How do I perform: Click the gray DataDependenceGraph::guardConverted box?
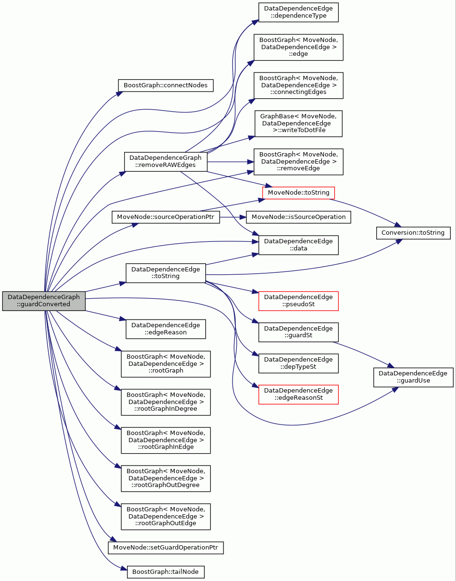click(43, 301)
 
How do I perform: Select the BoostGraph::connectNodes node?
click(166, 85)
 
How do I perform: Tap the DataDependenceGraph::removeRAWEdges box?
click(166, 162)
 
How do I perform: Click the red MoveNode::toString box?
click(298, 193)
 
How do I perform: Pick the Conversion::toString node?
click(413, 233)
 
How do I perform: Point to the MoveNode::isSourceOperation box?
click(298, 217)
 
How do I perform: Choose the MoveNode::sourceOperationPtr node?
click(166, 217)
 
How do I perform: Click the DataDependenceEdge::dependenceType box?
click(298, 12)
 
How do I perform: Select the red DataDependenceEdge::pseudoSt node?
click(298, 301)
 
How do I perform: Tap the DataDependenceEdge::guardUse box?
click(413, 377)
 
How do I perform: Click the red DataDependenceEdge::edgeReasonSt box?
click(298, 394)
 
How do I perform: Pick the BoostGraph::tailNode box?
click(166, 572)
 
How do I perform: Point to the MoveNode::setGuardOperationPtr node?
click(166, 548)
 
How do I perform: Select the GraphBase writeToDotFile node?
click(298, 124)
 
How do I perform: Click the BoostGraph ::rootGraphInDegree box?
click(166, 402)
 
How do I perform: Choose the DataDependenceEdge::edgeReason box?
click(166, 329)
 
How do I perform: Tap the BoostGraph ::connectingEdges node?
click(298, 85)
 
